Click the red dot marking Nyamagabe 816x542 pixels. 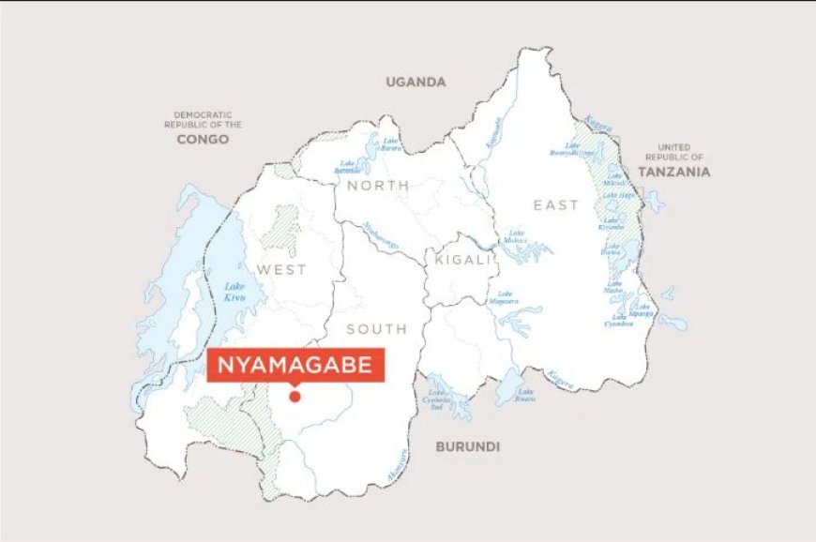pyautogui.click(x=295, y=397)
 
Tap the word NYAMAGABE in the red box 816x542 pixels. pyautogui.click(x=295, y=366)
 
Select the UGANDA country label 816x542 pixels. pyautogui.click(x=416, y=82)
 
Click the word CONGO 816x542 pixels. pyautogui.click(x=203, y=139)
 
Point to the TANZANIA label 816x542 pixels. pyautogui.click(x=673, y=172)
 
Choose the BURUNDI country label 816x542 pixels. pyautogui.click(x=466, y=446)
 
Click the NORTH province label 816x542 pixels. pyautogui.click(x=378, y=186)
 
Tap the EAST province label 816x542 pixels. pyautogui.click(x=556, y=205)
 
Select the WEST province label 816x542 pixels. pyautogui.click(x=281, y=269)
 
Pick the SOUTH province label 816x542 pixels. pyautogui.click(x=377, y=328)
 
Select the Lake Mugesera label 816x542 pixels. pyautogui.click(x=506, y=297)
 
